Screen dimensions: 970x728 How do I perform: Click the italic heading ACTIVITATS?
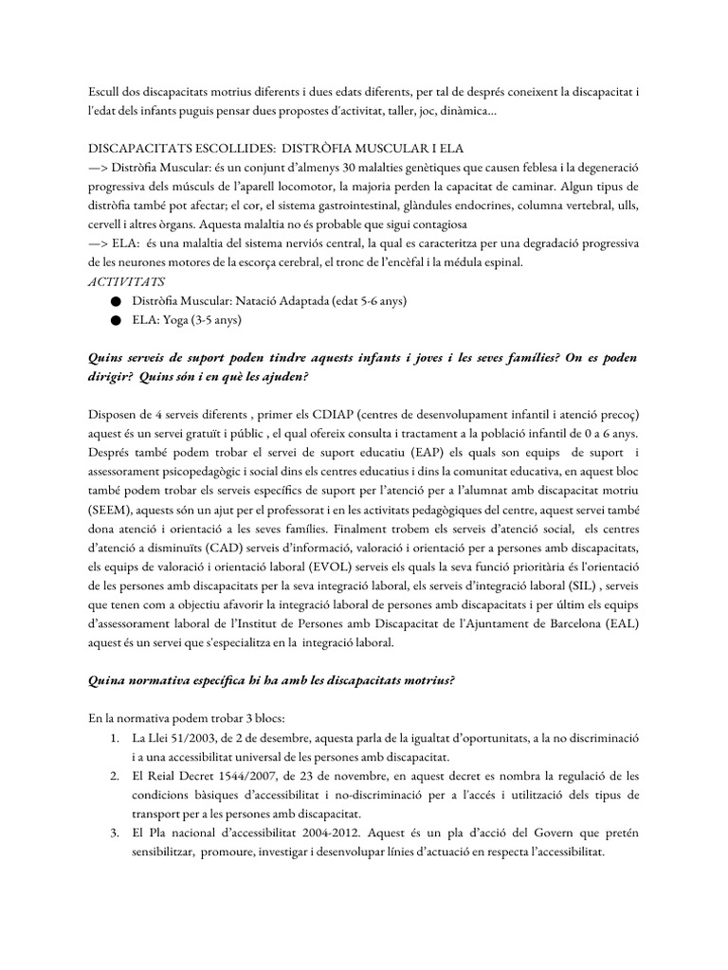(x=125, y=281)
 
